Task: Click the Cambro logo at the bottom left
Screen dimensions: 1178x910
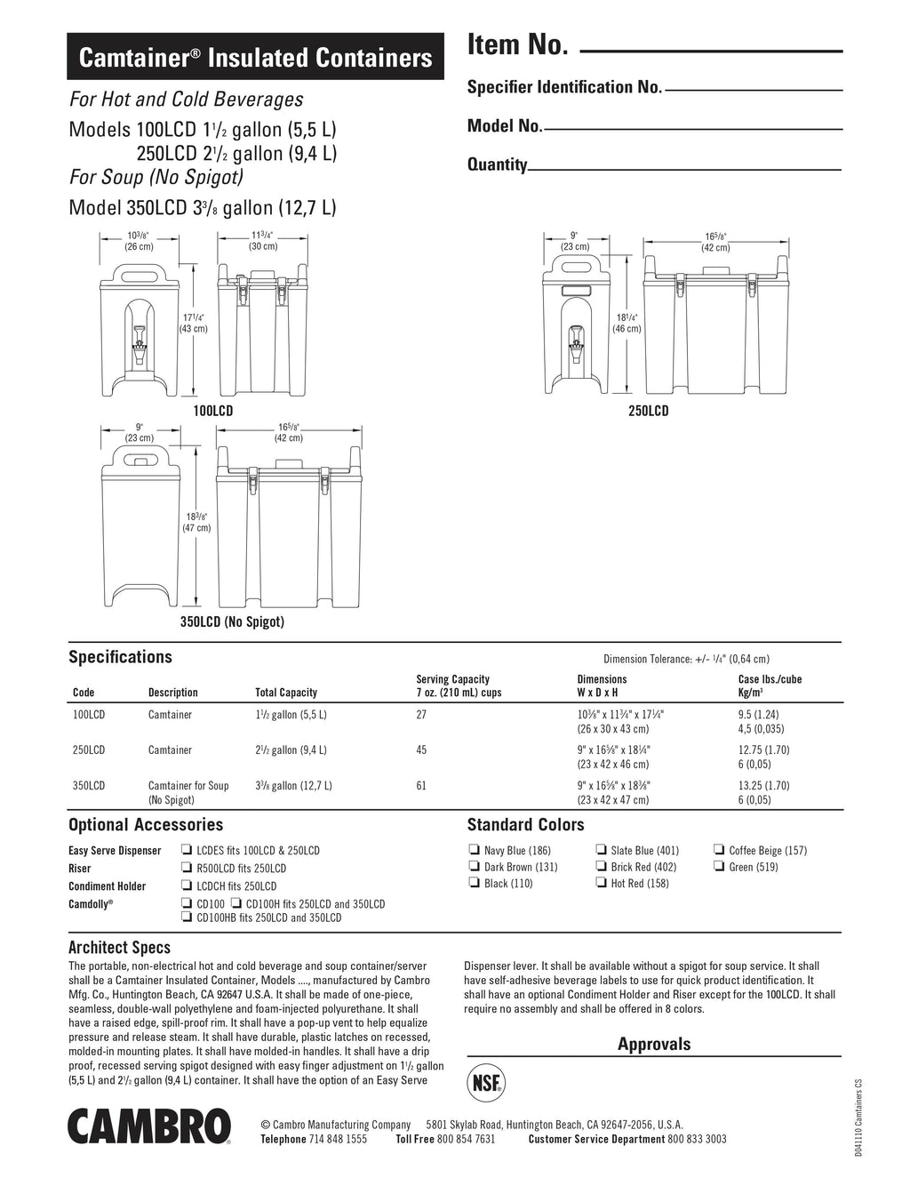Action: point(149,1126)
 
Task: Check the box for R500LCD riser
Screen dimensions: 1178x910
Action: point(187,868)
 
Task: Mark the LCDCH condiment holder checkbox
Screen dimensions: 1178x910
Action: point(187,886)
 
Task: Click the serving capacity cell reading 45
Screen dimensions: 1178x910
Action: point(421,749)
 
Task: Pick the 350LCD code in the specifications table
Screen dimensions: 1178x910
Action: point(88,785)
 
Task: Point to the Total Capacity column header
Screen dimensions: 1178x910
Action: point(285,693)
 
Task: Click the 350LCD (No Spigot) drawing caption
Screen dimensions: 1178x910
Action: point(232,621)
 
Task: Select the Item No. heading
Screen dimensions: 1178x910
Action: point(517,45)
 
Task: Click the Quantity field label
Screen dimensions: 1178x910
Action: point(497,164)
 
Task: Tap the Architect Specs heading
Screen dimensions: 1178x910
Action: point(119,947)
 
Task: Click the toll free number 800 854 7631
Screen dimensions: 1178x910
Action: point(467,1139)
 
